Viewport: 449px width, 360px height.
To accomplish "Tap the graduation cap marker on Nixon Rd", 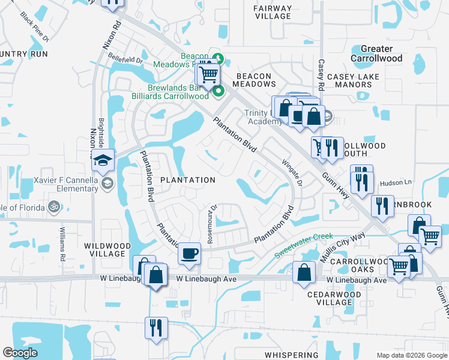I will coord(103,160).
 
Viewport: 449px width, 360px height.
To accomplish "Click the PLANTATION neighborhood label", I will coord(187,180).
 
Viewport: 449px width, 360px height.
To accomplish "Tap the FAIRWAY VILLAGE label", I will coord(273,12).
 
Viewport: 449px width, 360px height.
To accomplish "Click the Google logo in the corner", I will coord(20,353).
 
